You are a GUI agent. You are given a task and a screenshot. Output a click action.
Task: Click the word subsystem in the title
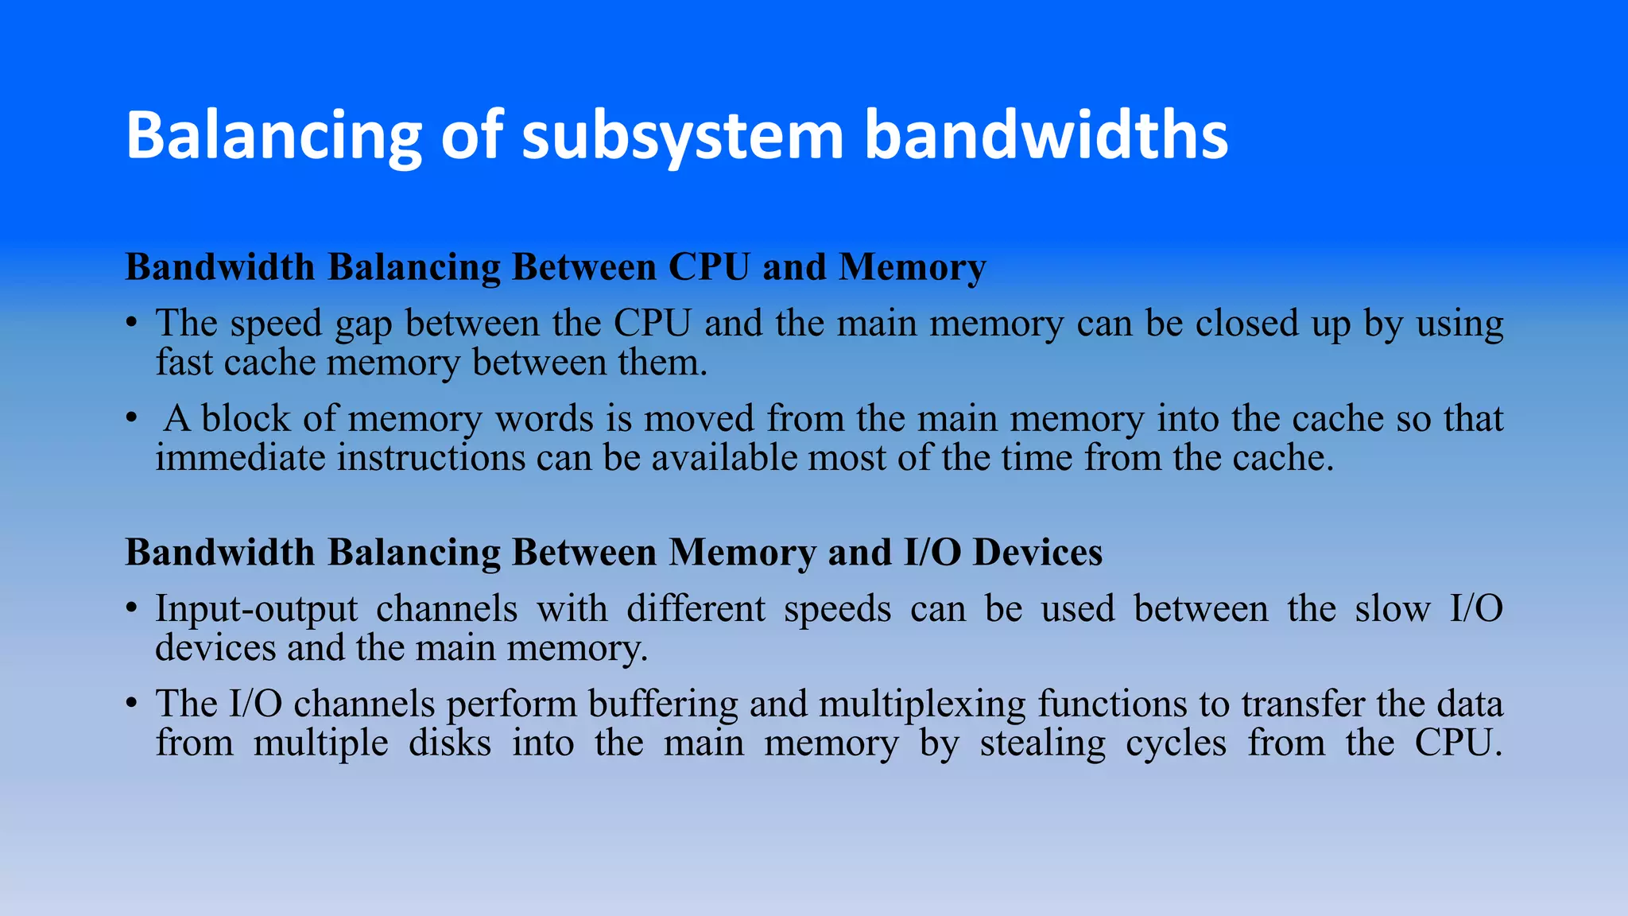click(682, 135)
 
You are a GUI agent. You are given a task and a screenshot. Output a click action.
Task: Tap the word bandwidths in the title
click(1045, 135)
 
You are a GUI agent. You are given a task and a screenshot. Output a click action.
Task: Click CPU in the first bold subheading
click(709, 267)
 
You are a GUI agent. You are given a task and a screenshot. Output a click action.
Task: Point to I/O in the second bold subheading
click(933, 553)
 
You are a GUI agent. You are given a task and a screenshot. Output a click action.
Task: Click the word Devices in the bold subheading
click(1037, 553)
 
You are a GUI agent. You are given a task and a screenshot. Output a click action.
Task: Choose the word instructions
click(431, 458)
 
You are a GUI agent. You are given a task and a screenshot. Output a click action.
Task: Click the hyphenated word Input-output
click(256, 610)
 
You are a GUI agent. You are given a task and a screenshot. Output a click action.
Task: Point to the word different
click(696, 609)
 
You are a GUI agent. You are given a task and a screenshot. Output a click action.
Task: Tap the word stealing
click(1042, 744)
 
